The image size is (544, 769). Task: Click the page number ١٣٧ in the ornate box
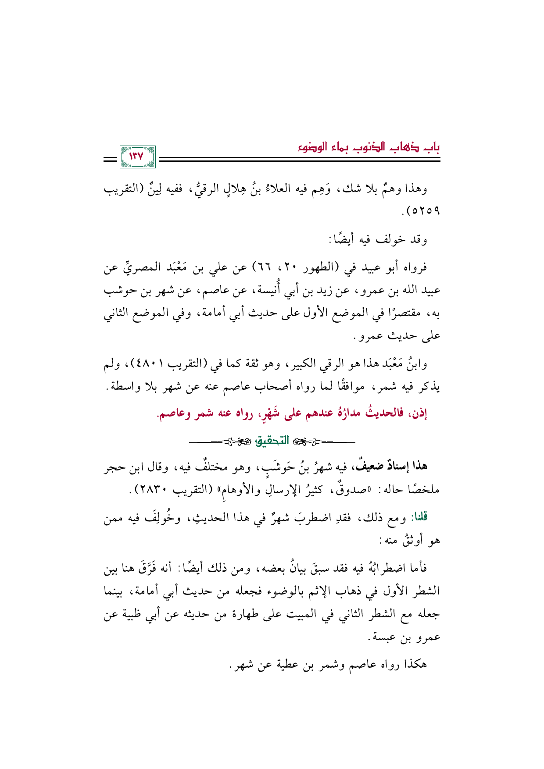[137, 157]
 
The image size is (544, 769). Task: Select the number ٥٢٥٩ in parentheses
[424, 212]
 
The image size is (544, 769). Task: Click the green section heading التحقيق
[272, 441]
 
